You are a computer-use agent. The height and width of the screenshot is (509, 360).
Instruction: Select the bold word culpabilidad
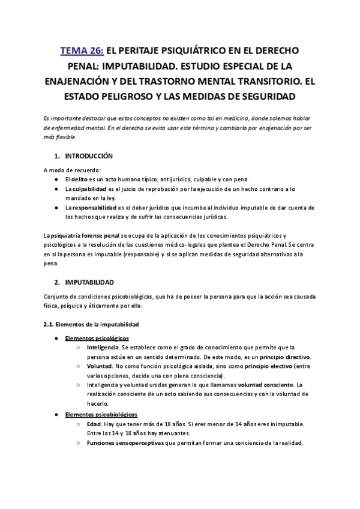94,188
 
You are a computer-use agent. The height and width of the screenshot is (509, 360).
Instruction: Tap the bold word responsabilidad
98,207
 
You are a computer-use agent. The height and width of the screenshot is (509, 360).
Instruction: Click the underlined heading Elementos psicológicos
97,339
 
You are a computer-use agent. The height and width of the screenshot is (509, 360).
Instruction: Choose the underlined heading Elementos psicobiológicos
101,414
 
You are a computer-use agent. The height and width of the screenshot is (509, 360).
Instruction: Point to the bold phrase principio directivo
285,357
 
